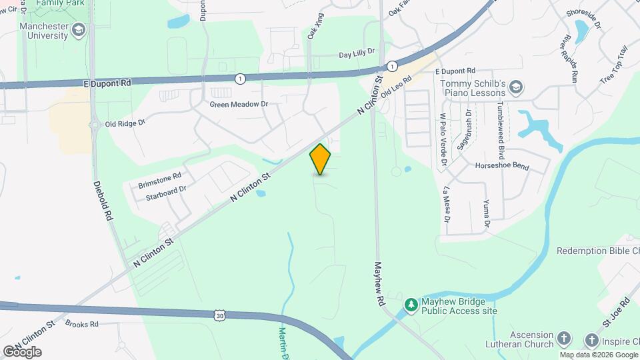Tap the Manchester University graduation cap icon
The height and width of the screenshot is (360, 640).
pos(79,30)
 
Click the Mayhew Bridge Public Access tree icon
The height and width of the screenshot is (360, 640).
pos(411,305)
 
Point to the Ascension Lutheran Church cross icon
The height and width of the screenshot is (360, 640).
pos(564,339)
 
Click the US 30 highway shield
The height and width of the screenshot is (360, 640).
pos(220,315)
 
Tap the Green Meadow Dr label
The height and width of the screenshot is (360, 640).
pos(239,104)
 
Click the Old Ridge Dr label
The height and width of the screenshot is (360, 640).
pos(125,123)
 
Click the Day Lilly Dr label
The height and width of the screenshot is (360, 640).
pos(357,53)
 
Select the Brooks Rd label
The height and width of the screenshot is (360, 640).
pos(82,324)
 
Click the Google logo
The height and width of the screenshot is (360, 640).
pos(22,351)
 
